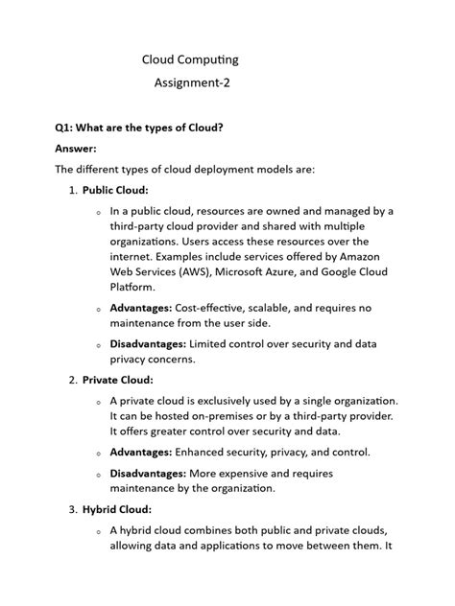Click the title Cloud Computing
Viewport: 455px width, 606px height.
(190, 59)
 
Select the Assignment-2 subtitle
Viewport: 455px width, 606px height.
(192, 83)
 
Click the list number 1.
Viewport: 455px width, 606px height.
(72, 190)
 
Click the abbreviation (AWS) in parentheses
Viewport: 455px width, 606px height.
(192, 271)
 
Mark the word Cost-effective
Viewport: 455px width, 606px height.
(222, 308)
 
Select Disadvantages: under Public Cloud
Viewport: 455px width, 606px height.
(149, 343)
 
